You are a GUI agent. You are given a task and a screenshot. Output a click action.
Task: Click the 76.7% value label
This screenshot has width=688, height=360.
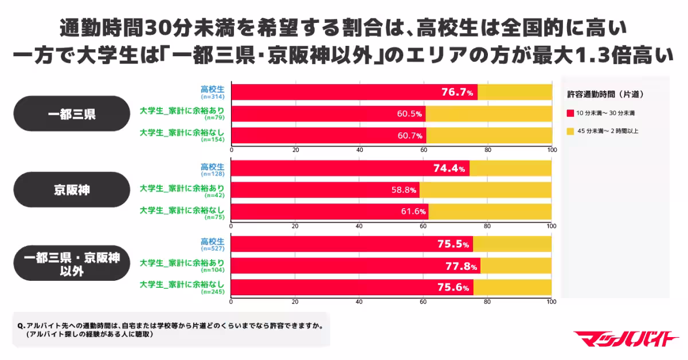(457, 92)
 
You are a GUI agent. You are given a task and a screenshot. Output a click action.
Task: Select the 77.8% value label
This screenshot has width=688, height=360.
(461, 266)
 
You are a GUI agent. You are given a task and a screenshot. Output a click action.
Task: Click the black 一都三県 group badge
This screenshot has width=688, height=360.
(72, 114)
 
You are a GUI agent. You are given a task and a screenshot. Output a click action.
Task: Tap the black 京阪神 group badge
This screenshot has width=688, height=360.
(72, 189)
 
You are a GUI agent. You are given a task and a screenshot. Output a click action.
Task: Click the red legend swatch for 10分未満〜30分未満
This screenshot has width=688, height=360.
(570, 112)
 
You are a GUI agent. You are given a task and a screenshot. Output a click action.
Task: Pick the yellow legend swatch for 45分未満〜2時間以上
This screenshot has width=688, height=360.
(570, 131)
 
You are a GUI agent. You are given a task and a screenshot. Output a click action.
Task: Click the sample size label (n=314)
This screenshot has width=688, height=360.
(213, 97)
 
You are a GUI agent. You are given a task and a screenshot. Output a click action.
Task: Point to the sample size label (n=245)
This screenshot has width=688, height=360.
(213, 292)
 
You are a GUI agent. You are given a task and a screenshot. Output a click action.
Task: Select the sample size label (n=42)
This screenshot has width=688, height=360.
(214, 195)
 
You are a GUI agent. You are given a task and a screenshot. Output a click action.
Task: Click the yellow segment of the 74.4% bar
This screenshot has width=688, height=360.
(510, 168)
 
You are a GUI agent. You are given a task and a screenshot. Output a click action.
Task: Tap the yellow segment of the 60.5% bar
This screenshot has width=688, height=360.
(488, 114)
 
